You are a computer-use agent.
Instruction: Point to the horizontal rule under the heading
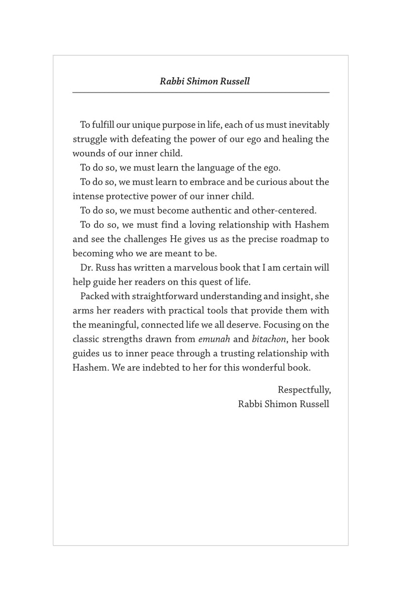201,93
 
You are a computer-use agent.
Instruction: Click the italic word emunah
198,340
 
